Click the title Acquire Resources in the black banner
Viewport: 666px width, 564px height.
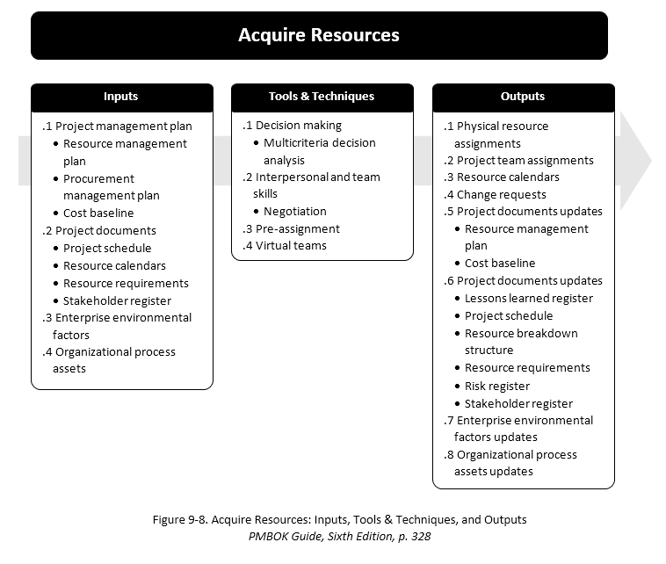(x=319, y=35)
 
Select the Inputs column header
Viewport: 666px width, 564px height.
(x=121, y=97)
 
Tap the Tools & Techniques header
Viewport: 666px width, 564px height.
(x=322, y=97)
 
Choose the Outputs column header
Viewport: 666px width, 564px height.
(x=523, y=97)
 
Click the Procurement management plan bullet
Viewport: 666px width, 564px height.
(x=111, y=186)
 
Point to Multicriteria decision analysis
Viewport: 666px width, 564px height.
(x=319, y=151)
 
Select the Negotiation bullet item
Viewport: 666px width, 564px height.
(x=294, y=211)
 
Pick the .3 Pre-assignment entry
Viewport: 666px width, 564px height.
(x=292, y=228)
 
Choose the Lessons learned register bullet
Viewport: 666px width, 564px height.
(x=528, y=298)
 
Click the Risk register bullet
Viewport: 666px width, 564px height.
(x=496, y=386)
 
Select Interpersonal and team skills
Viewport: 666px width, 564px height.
(x=311, y=184)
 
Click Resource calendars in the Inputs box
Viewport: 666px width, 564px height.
(x=114, y=265)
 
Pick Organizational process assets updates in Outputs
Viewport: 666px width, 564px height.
(x=510, y=463)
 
